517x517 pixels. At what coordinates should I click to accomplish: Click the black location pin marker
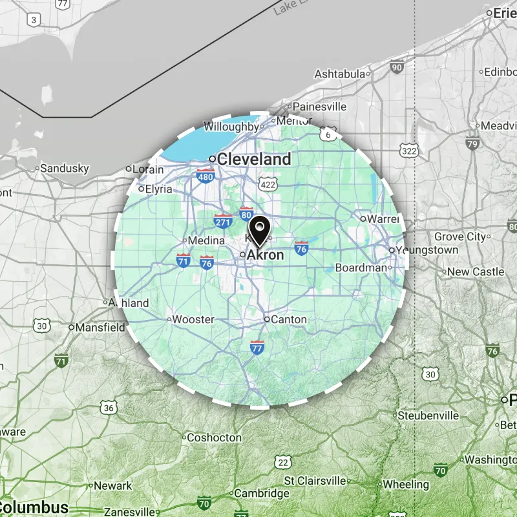259,231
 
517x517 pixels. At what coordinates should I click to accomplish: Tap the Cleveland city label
254,159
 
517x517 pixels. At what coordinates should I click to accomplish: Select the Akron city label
265,255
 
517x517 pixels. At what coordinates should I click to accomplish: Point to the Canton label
289,319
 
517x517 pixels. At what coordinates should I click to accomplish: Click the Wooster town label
194,319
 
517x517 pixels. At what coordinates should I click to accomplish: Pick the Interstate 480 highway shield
206,176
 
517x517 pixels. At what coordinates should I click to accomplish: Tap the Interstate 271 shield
223,222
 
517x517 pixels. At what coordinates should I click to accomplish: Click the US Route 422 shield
269,184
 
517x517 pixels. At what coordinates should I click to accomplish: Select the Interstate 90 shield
397,66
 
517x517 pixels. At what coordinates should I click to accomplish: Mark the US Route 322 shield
408,150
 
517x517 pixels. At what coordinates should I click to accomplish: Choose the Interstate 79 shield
472,143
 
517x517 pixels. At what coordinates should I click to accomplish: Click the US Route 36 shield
109,407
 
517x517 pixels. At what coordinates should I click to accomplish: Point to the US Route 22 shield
282,461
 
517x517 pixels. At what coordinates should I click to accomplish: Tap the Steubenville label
428,415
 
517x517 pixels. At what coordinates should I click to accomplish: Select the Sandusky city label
64,169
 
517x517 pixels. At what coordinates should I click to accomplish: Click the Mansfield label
100,328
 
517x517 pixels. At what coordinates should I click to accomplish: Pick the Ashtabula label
339,74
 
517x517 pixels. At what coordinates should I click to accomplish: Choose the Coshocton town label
214,438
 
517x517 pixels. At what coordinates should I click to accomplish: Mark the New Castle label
475,272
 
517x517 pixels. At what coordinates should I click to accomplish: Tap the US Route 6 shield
329,134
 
